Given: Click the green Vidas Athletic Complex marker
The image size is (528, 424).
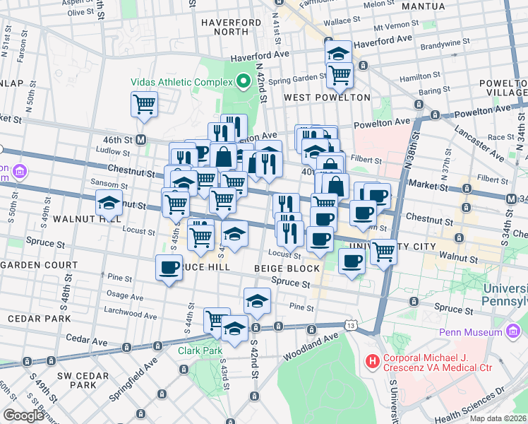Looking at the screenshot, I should tap(244, 81).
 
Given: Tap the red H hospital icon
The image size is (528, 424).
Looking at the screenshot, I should tap(372, 363).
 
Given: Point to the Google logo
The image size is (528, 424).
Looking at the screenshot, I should tap(23, 416).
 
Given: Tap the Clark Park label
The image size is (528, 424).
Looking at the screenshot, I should tap(200, 350).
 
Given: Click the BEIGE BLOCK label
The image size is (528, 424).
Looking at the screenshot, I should tap(294, 269).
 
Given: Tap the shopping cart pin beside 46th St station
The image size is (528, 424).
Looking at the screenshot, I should tap(144, 105).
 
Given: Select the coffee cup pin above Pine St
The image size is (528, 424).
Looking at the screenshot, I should tap(169, 268).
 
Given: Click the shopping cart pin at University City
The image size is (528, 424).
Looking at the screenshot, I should tap(383, 251).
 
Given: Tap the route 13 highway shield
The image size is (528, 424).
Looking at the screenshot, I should tap(350, 324).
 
